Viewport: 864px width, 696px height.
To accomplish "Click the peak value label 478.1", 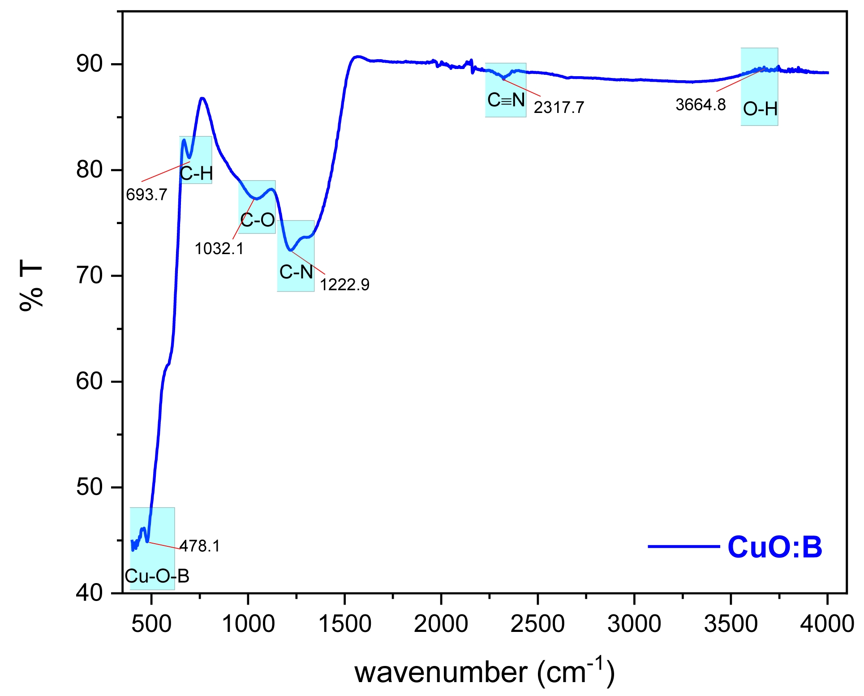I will [x=200, y=546].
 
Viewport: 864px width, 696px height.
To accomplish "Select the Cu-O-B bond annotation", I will [x=157, y=576].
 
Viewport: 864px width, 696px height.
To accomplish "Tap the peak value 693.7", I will [x=146, y=195].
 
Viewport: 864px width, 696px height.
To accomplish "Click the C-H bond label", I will [x=196, y=173].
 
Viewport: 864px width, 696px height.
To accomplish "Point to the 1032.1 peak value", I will [x=219, y=248].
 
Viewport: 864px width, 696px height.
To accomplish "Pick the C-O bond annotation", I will [x=258, y=220].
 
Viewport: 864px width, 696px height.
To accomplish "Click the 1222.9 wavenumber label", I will [x=344, y=285].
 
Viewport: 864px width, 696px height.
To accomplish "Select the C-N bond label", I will [x=296, y=272].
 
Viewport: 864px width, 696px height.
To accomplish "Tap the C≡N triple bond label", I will [x=506, y=100].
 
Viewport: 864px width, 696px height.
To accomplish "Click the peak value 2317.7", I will [x=559, y=108].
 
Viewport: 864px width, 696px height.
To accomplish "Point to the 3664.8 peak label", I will [x=701, y=105].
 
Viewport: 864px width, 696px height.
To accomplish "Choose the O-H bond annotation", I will [x=760, y=109].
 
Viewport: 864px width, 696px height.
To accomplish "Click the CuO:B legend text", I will [x=775, y=547].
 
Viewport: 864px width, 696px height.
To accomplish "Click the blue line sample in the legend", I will [x=683, y=546].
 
